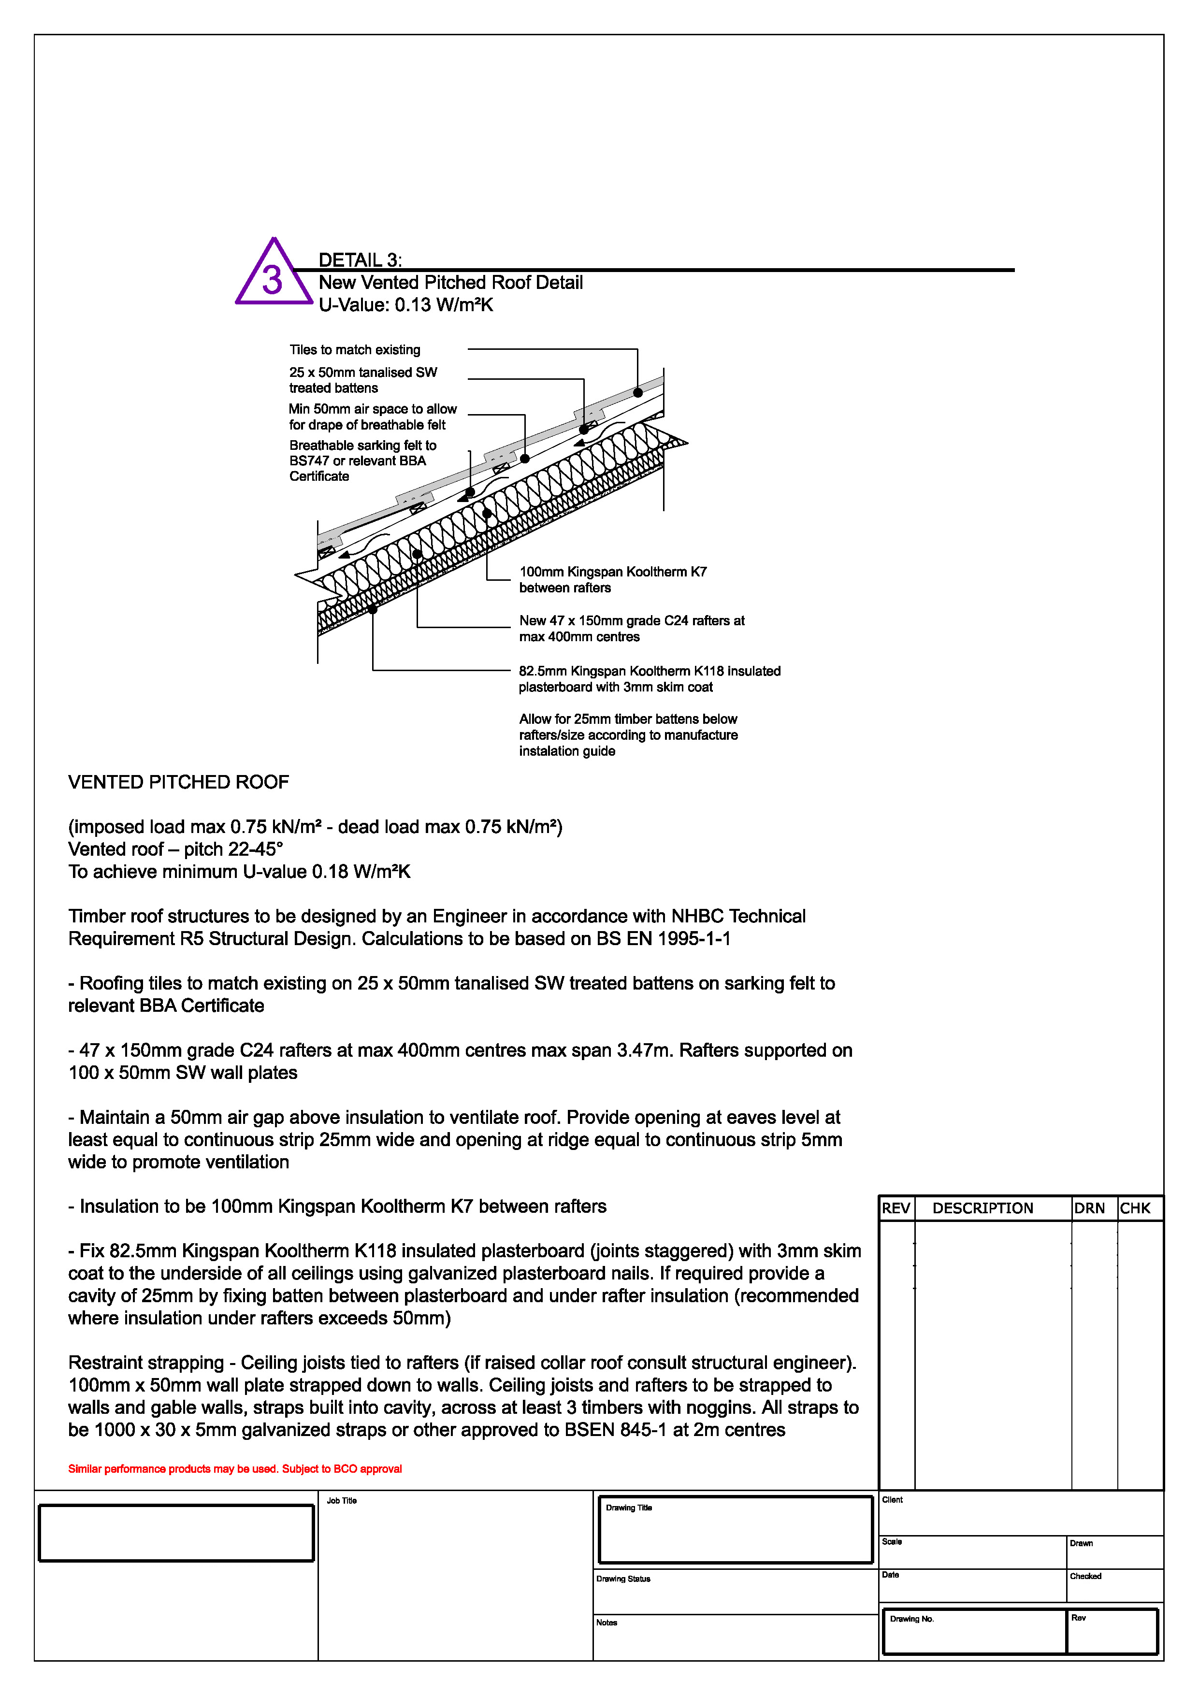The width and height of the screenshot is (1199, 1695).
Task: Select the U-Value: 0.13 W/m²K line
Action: (405, 305)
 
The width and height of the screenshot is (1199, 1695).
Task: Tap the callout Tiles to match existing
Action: (354, 350)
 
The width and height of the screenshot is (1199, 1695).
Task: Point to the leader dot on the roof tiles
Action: (638, 393)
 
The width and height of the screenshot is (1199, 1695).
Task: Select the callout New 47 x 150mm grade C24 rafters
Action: (631, 628)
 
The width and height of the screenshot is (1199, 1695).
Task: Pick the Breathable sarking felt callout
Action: (362, 460)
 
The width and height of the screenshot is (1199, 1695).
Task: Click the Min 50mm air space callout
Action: (372, 417)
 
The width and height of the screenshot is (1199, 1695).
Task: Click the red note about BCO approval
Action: (235, 1468)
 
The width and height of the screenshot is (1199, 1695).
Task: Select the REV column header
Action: (896, 1208)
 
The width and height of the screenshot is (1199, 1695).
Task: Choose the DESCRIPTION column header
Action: (982, 1208)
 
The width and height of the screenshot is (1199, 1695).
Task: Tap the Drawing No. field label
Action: (912, 1619)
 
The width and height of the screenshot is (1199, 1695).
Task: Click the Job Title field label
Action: (342, 1500)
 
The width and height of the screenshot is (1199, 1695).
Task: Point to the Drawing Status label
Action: (623, 1579)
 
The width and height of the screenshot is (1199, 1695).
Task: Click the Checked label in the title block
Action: (1085, 1576)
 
